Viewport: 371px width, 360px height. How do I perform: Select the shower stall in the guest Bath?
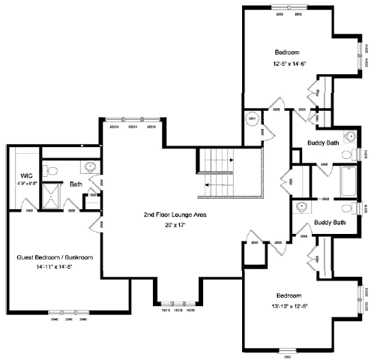tap(49, 196)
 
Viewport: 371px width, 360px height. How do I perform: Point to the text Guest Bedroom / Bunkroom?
tap(54, 257)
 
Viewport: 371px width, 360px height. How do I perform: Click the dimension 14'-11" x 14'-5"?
tap(54, 267)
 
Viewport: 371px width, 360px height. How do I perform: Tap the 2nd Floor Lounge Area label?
tap(175, 214)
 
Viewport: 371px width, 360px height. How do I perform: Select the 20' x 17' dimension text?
tap(175, 224)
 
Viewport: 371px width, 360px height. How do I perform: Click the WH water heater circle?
tap(251, 118)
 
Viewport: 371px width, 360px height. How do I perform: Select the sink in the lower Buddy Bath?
tap(301, 207)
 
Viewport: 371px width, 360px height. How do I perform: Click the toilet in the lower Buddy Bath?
tap(346, 208)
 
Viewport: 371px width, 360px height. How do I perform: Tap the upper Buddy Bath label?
tap(324, 142)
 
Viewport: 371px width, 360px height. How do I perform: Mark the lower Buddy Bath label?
tap(330, 223)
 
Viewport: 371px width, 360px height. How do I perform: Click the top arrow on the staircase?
tap(232, 160)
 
